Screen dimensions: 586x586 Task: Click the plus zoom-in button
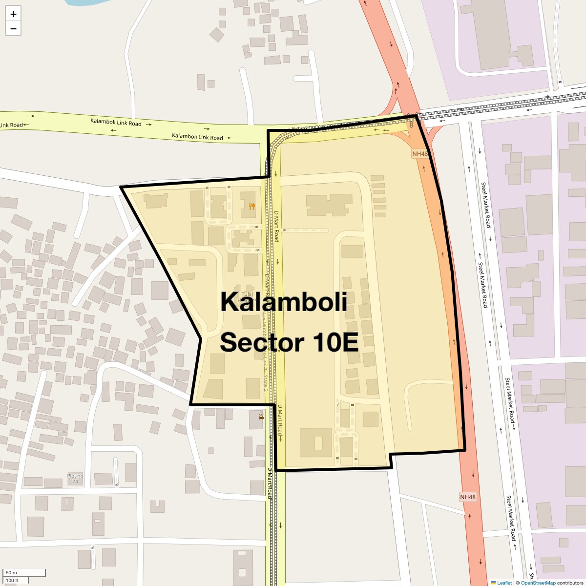pos(13,14)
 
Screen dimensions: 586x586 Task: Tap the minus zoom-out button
pos(13,29)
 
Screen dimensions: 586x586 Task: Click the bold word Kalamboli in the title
pos(284,302)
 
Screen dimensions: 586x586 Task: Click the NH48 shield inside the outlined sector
pos(419,154)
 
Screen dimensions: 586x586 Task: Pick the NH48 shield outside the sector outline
pos(467,497)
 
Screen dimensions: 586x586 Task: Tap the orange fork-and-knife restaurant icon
pos(252,207)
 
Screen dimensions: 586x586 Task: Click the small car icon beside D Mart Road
pos(261,417)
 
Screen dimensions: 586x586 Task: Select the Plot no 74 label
pos(75,479)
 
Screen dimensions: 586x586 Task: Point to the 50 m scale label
pos(11,572)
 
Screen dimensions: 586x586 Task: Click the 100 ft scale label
pos(12,580)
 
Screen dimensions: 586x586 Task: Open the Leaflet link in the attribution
pos(504,583)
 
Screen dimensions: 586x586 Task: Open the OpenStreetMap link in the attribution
pos(538,583)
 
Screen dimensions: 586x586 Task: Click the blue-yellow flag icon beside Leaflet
pos(493,583)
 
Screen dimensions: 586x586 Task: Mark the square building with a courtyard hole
pos(316,442)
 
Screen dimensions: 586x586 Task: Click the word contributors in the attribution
pos(570,583)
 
